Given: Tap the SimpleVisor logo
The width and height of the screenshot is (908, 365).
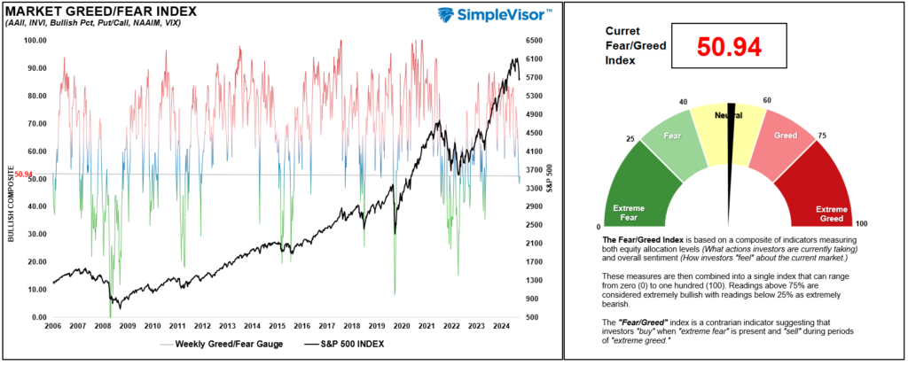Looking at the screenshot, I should (x=495, y=15).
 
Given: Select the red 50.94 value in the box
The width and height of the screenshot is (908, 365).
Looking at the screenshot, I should (x=729, y=48).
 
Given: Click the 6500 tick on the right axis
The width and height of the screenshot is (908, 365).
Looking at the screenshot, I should (x=533, y=40).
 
